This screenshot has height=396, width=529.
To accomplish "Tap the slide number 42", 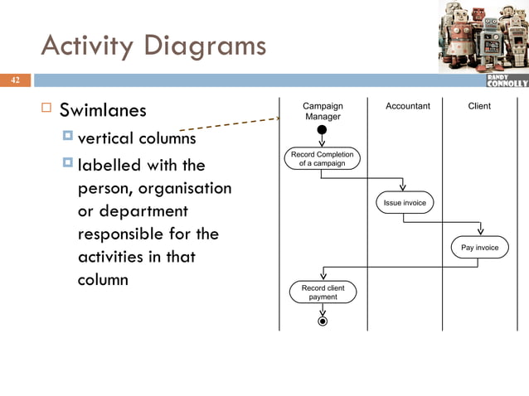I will click(14, 80).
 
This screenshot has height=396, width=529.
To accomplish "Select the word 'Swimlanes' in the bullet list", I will click(103, 110).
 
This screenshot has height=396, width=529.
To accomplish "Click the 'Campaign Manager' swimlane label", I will click(323, 111).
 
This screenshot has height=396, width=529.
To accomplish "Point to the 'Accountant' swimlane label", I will click(408, 106).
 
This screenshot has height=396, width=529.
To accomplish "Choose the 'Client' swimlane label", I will click(479, 106).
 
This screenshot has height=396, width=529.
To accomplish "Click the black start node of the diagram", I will click(322, 129).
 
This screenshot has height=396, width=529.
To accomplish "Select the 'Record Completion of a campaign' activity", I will click(322, 158).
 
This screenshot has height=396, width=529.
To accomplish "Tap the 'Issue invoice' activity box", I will click(403, 202).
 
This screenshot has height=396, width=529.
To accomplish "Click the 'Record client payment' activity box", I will click(323, 292).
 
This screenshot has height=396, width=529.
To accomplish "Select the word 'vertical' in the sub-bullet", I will click(104, 138).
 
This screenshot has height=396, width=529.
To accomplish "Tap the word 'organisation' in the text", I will click(179, 188).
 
